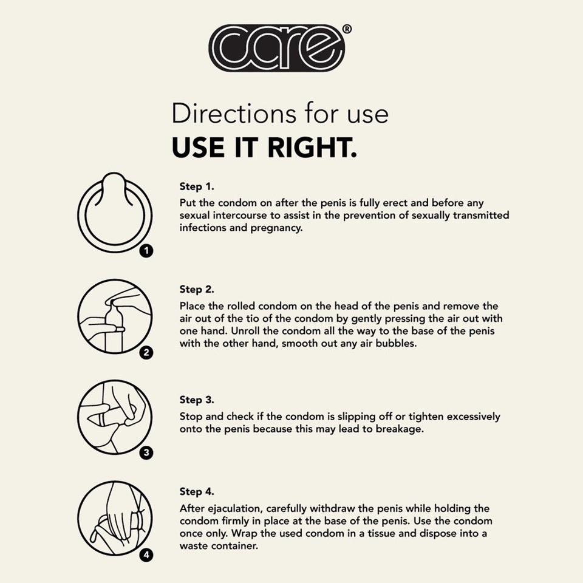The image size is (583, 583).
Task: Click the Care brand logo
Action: click(x=277, y=48)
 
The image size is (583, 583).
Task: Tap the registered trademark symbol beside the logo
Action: click(x=346, y=29)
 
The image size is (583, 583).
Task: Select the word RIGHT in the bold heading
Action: click(x=312, y=147)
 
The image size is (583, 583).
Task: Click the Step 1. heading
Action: click(x=197, y=186)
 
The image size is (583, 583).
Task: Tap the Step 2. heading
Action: click(x=197, y=289)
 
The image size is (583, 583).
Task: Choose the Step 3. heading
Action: click(x=197, y=400)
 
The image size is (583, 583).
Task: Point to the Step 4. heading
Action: click(x=197, y=491)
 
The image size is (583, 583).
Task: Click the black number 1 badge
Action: click(x=146, y=251)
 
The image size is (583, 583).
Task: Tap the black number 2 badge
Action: click(x=146, y=352)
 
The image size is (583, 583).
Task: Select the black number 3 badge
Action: click(x=146, y=453)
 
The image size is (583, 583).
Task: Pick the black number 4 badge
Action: click(x=146, y=556)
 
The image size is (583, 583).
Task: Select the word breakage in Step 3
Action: click(x=400, y=429)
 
